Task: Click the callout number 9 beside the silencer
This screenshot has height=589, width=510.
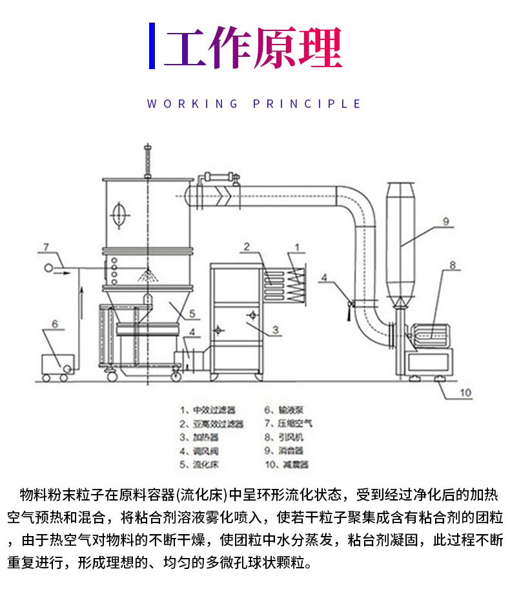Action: [x=445, y=220]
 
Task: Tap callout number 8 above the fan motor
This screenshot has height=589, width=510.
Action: [x=452, y=264]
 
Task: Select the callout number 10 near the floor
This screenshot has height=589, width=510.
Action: [x=465, y=392]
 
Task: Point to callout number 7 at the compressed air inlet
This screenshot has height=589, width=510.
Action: [x=46, y=247]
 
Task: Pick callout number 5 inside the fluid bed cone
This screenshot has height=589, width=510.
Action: [x=192, y=315]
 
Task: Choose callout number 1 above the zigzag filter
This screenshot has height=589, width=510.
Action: [x=298, y=246]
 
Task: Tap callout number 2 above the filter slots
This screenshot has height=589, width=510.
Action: [x=247, y=246]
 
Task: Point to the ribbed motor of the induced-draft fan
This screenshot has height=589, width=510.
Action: [x=429, y=335]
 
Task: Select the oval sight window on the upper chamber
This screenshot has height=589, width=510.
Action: [x=117, y=214]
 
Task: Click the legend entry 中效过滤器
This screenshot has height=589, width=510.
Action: [x=208, y=409]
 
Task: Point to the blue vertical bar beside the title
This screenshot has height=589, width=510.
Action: [x=152, y=46]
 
